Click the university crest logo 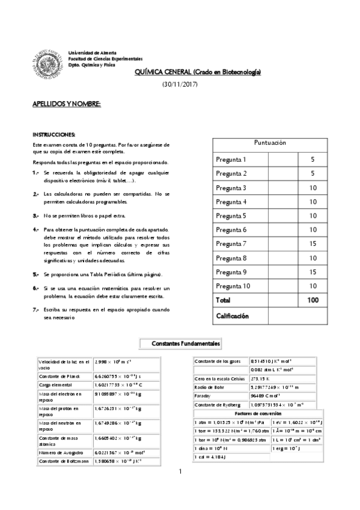tap(48, 60)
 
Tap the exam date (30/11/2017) tap(180, 84)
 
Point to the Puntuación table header tap(270, 143)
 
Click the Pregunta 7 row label tap(231, 244)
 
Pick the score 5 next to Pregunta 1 tap(313, 159)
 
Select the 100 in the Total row tap(313, 300)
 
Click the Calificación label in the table tap(233, 315)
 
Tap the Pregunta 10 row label tap(233, 286)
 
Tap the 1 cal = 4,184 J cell tap(210, 457)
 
